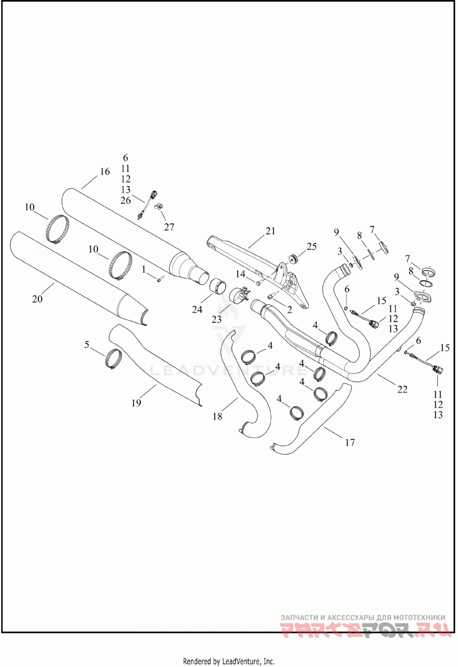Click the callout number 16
coord(104,172)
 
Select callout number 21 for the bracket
coord(270,231)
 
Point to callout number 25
coord(311,247)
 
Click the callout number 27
coord(169,227)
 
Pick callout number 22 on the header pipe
coord(402,389)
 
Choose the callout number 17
coord(350,442)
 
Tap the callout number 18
coord(217,417)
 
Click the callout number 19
coord(136,403)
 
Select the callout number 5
coord(87,344)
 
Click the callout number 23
coord(216,319)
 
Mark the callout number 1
coord(145,268)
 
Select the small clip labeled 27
coord(161,207)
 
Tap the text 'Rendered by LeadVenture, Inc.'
coord(228,661)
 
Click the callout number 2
coord(290,309)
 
